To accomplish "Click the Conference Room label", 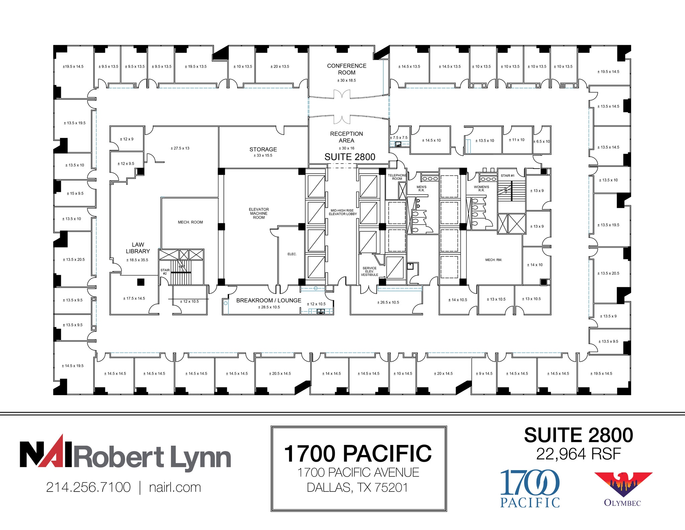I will (x=347, y=69).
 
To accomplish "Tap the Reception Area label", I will (x=347, y=137).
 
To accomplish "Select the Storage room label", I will (x=263, y=149).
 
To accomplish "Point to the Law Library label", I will (x=138, y=248).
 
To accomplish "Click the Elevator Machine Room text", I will (x=259, y=213).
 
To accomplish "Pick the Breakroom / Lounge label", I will (x=269, y=300).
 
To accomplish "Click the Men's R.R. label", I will (x=421, y=188).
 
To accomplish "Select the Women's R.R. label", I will (x=481, y=188).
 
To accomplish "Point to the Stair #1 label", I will (x=507, y=175).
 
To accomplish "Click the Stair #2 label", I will (x=165, y=272).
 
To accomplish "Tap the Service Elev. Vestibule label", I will (x=369, y=271).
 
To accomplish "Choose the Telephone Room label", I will (x=397, y=177).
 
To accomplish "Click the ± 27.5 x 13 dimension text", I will (x=180, y=148).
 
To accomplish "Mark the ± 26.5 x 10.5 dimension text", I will (x=388, y=302).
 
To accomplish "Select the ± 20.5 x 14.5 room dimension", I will (x=280, y=373).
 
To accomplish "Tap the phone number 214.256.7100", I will (x=88, y=487).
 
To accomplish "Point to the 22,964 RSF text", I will (x=578, y=454).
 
